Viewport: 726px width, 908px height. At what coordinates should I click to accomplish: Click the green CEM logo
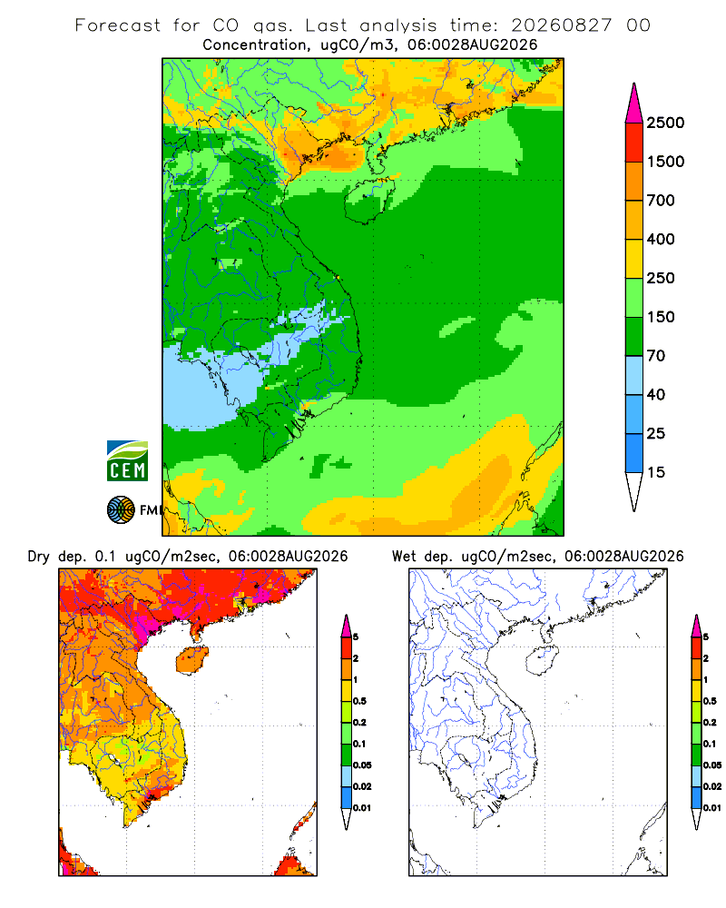[127, 460]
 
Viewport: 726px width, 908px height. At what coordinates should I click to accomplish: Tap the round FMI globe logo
[121, 510]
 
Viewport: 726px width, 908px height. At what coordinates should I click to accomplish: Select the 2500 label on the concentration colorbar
[665, 123]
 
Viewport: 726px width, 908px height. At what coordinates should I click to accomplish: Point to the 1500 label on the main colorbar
[665, 162]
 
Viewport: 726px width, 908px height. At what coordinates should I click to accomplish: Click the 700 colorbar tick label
[661, 201]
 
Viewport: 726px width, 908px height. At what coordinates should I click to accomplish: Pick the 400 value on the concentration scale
[661, 239]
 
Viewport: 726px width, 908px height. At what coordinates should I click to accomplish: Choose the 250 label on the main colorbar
[661, 278]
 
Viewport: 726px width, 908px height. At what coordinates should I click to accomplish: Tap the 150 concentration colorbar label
[661, 317]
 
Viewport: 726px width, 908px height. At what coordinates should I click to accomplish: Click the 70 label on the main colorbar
[656, 356]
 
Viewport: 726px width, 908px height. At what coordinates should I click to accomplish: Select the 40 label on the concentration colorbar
[656, 394]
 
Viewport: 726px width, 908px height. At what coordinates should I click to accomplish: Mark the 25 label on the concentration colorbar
[656, 433]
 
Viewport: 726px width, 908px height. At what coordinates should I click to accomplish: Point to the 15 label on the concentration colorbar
[656, 472]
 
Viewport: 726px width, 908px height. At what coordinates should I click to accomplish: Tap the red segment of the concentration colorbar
[634, 143]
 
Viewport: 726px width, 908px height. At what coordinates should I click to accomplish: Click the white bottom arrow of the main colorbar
[634, 489]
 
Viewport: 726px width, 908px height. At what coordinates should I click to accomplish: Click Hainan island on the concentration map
[369, 200]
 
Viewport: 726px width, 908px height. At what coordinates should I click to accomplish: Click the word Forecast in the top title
[118, 25]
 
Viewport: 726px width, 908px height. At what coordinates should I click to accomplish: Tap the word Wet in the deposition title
[404, 556]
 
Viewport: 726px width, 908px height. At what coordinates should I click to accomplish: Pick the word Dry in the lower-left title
[39, 557]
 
